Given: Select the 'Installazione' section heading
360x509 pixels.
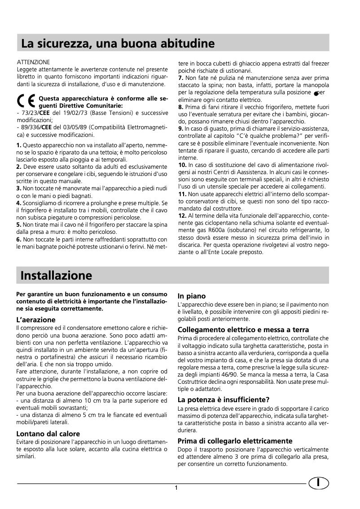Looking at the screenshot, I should tap(57, 275).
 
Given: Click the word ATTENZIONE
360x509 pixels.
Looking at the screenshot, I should tap(33, 61).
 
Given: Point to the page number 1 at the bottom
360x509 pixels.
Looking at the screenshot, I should tap(177, 488).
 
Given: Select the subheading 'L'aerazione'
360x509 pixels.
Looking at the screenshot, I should tap(36, 320).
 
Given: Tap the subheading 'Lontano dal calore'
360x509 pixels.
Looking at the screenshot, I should tap(48, 434).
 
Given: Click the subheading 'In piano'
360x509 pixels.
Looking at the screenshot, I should tap(192, 296).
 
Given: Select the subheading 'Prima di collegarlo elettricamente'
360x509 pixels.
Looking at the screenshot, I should tap(235, 441).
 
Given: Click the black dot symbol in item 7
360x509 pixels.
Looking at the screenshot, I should tap(316, 93).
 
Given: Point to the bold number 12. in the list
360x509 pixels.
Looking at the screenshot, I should tap(183, 215).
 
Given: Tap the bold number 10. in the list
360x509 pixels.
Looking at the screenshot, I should tap(183, 165).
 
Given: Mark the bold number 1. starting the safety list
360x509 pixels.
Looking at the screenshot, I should tap(19, 146).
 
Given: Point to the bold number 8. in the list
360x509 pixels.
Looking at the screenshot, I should tap(181, 107).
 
